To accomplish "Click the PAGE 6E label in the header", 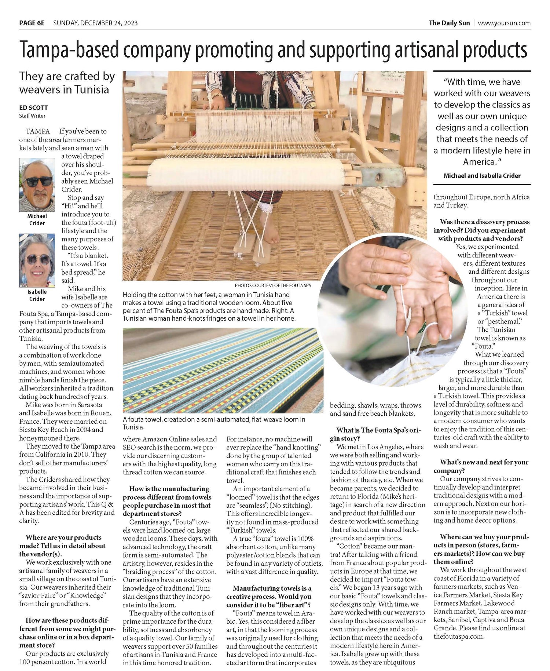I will (x=32, y=23).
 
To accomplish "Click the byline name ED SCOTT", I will (x=33, y=108).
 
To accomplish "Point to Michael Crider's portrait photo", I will (x=37, y=185).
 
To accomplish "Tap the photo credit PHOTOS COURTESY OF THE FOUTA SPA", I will (x=273, y=285).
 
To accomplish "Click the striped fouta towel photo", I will (x=223, y=371).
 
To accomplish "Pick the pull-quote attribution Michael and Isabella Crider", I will (x=482, y=176).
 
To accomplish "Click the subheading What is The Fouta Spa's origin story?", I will (x=376, y=434).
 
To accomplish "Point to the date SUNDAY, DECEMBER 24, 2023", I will (x=95, y=23).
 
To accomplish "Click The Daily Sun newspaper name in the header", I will (x=449, y=23).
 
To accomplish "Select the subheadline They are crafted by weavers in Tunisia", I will (x=67, y=83).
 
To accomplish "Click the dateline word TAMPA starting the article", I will (x=38, y=131).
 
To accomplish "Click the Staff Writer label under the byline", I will (x=32, y=116).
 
